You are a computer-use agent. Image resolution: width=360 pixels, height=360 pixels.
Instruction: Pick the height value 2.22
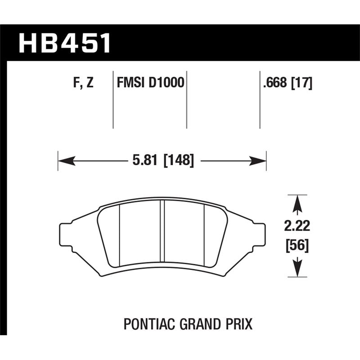[x=297, y=225]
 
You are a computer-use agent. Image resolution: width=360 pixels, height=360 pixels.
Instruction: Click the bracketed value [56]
[x=297, y=246]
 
